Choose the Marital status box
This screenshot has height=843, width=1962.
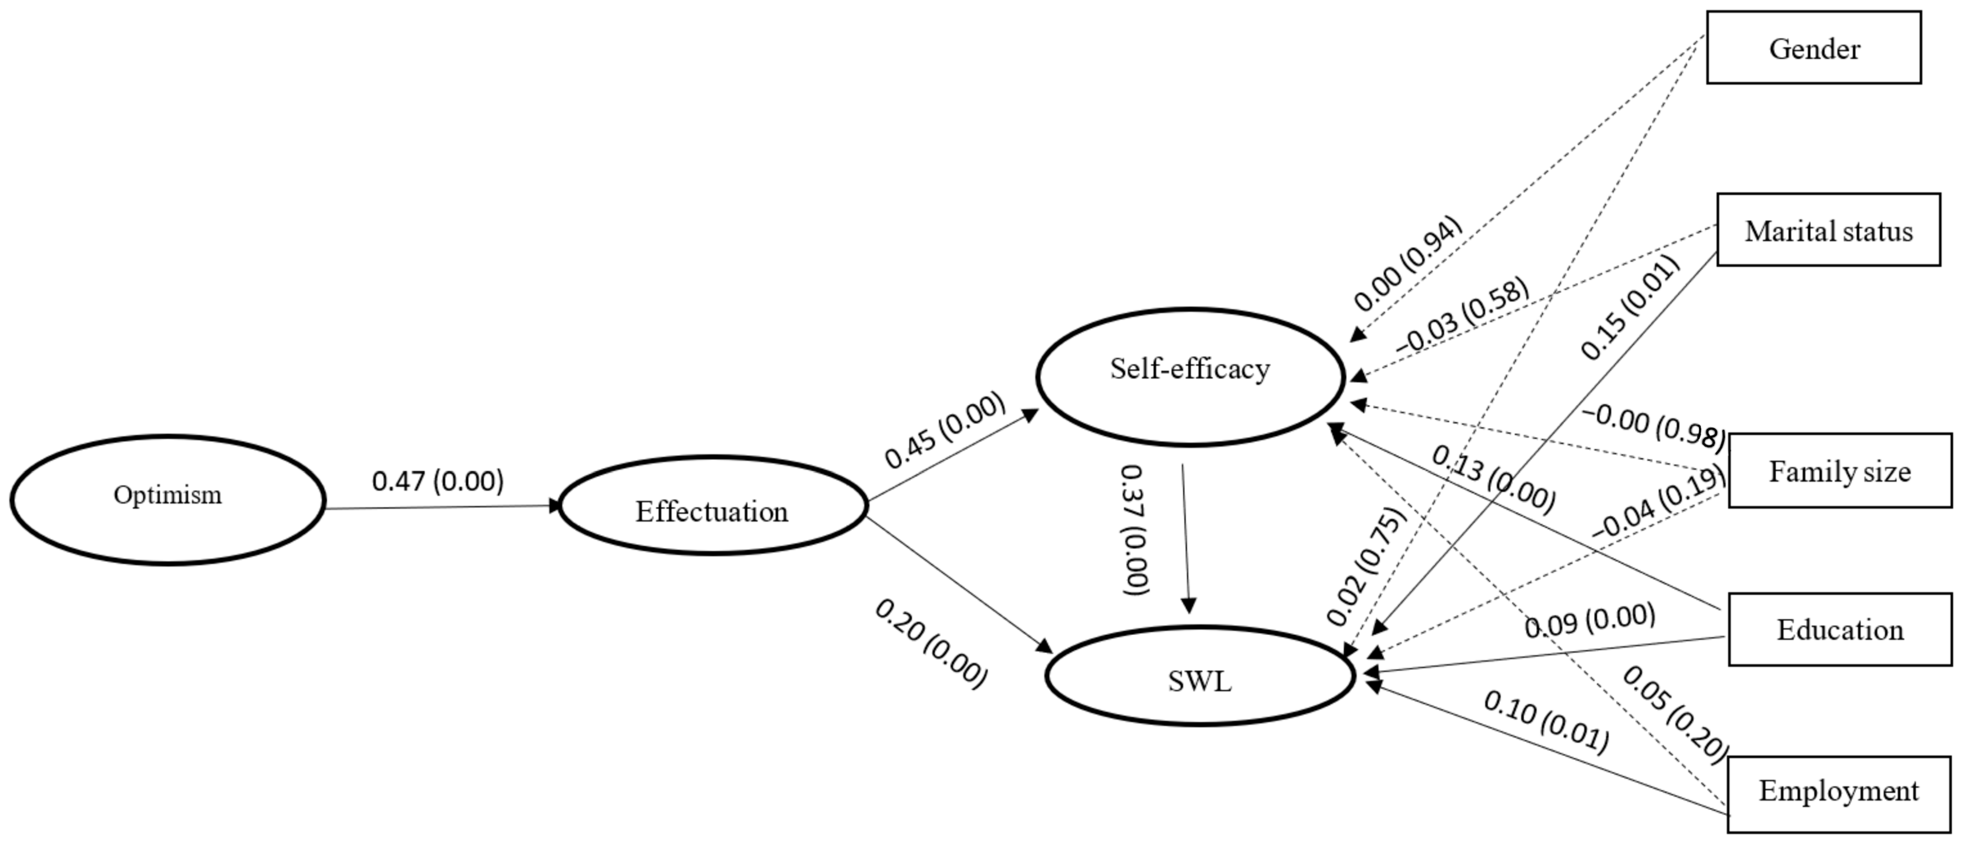pos(1828,230)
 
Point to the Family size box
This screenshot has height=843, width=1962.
pos(1839,471)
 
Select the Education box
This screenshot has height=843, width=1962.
pos(1839,630)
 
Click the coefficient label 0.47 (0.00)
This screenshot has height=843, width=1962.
pos(438,481)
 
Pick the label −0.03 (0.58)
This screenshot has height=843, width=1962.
pos(1462,315)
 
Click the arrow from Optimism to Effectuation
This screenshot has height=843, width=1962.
pos(442,507)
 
